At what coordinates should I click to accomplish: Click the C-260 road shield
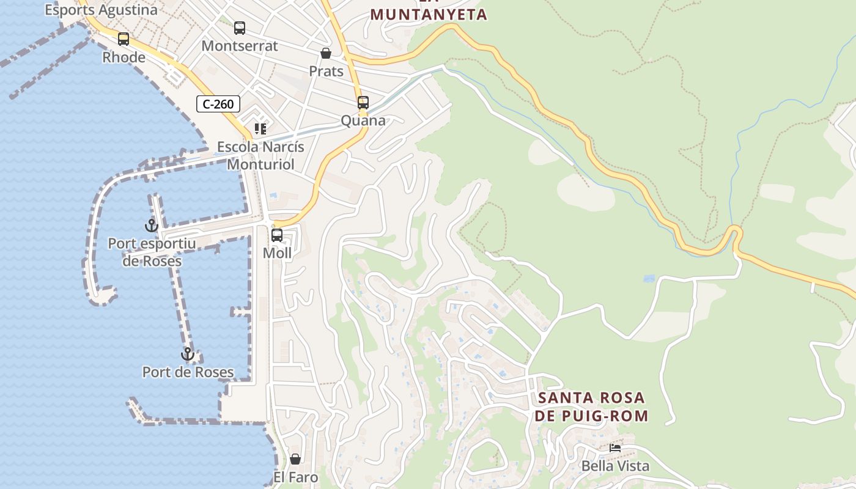[218, 104]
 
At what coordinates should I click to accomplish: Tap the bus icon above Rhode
[124, 39]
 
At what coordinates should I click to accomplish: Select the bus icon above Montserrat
[240, 28]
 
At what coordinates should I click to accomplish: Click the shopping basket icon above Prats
[326, 53]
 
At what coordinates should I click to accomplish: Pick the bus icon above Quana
[363, 102]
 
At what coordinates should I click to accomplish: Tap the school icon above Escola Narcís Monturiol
[261, 129]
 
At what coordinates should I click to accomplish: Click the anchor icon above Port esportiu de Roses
[151, 226]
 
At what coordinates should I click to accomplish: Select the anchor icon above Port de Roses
[188, 354]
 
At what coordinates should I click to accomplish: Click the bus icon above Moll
[277, 235]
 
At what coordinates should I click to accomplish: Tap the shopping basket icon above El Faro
[295, 459]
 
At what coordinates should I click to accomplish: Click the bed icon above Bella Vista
[615, 448]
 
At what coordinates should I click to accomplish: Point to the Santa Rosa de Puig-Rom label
[591, 407]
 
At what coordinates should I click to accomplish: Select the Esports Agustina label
[101, 10]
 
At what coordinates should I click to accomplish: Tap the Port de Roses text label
[188, 372]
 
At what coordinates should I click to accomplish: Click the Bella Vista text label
[615, 466]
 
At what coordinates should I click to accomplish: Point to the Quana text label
[363, 120]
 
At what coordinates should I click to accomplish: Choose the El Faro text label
[296, 477]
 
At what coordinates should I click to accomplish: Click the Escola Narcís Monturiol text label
[261, 156]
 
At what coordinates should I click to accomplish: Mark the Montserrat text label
[240, 46]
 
